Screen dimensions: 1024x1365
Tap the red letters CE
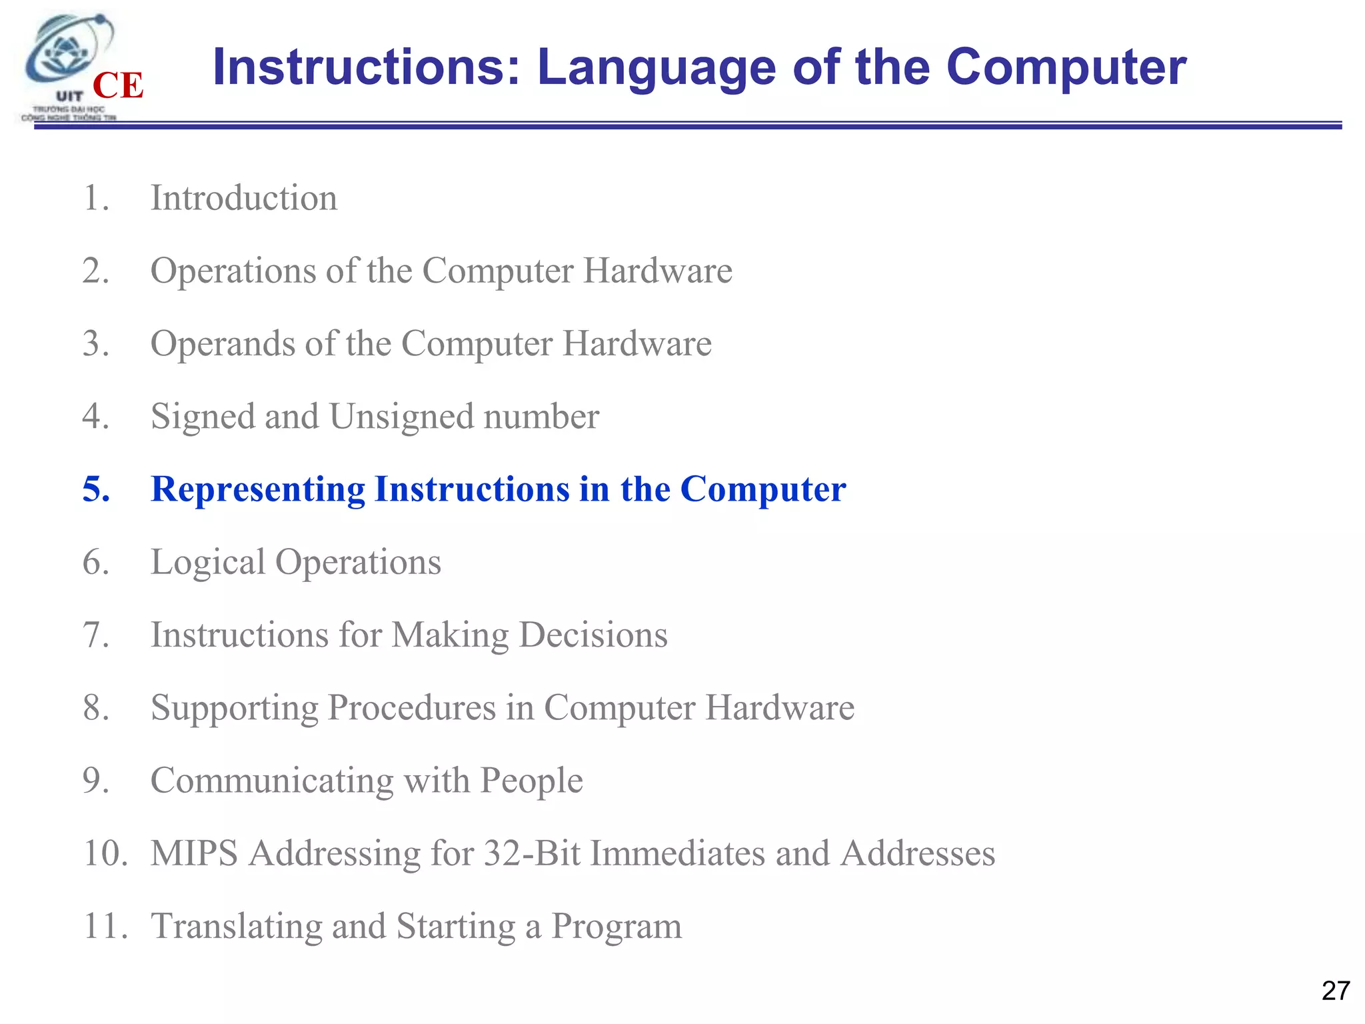tap(118, 86)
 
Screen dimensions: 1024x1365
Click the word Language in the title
tap(657, 68)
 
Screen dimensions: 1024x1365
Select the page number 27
tap(1335, 991)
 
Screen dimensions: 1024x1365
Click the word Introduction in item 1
tap(244, 198)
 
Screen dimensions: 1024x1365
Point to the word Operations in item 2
tap(233, 271)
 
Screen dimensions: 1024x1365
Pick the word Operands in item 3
tap(223, 344)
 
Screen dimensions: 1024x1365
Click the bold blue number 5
tap(96, 489)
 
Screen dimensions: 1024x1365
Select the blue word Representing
tap(258, 490)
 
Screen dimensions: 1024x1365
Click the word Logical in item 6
tap(208, 562)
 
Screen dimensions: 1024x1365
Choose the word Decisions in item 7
tap(593, 635)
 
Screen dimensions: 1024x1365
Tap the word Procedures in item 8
tap(411, 708)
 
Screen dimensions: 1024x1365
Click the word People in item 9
tap(531, 781)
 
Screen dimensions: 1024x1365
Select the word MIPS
tap(194, 853)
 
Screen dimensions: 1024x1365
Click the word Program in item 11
tap(617, 927)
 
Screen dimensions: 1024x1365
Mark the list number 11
tap(105, 926)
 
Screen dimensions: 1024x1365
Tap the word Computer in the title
tap(1066, 68)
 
